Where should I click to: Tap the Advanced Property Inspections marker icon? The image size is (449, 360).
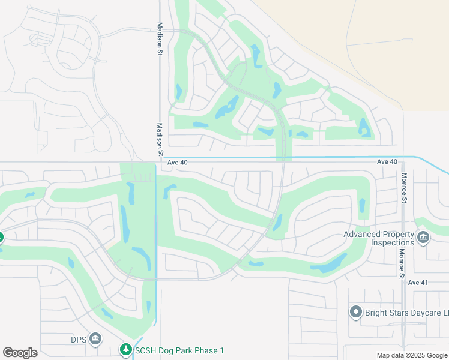point(423,238)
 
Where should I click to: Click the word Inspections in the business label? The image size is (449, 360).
point(392,242)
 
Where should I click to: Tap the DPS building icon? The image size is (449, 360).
point(95,340)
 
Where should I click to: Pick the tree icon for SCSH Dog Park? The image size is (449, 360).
point(125,349)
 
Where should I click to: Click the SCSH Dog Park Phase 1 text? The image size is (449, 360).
point(179,350)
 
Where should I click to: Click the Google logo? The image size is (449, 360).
point(20,353)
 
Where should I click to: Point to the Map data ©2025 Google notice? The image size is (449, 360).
point(411,355)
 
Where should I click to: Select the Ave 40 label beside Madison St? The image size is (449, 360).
point(178,162)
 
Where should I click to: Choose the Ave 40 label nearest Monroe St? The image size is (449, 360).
point(387,162)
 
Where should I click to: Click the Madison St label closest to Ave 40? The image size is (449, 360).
point(160,140)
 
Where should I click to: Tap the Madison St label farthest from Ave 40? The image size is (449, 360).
point(160,39)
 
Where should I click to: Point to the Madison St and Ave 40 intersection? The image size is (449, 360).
point(158,162)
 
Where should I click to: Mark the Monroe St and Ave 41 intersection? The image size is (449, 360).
point(403,282)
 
